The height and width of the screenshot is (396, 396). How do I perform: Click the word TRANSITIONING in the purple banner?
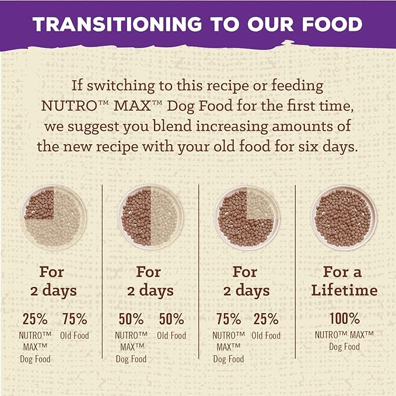click(111, 24)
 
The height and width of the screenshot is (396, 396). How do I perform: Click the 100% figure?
click(344, 319)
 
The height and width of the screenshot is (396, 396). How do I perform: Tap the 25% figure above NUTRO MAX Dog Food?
click(35, 319)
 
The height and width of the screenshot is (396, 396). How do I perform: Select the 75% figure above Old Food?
click(74, 319)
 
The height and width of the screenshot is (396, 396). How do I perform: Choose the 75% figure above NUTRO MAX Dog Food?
click(228, 319)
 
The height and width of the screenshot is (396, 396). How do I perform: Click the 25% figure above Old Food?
click(266, 319)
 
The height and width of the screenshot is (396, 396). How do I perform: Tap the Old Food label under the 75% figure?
click(74, 335)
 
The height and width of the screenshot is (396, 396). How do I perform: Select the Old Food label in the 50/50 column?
click(171, 335)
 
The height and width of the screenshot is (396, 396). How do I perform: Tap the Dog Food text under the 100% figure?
click(344, 347)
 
